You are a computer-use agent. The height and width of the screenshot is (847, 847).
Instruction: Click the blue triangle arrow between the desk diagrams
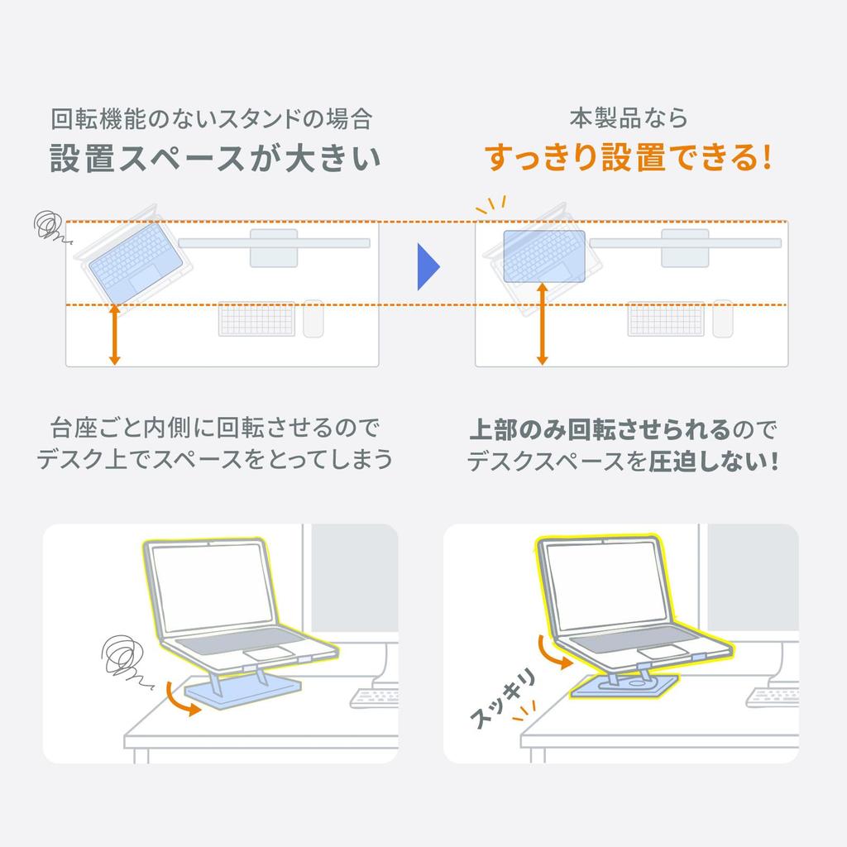click(427, 267)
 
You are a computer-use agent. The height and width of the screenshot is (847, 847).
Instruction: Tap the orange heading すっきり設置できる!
click(628, 157)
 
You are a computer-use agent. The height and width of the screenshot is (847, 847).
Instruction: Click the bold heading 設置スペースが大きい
click(215, 159)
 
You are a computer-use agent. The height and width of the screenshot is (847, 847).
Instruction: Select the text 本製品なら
click(628, 118)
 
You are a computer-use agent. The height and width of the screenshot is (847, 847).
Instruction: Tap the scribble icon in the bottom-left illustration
click(122, 658)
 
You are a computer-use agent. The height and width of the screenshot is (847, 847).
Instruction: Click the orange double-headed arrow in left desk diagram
click(115, 335)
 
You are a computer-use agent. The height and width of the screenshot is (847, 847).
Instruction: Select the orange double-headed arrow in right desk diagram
click(542, 323)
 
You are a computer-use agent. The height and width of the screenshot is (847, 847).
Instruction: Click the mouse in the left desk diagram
click(313, 318)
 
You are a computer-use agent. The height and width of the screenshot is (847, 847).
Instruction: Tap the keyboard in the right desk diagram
click(666, 319)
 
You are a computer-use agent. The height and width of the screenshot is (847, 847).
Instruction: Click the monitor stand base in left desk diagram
click(274, 248)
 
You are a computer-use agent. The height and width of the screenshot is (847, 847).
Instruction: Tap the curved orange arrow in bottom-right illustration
click(552, 653)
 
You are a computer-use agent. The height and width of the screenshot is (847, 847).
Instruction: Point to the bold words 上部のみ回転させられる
click(600, 429)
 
